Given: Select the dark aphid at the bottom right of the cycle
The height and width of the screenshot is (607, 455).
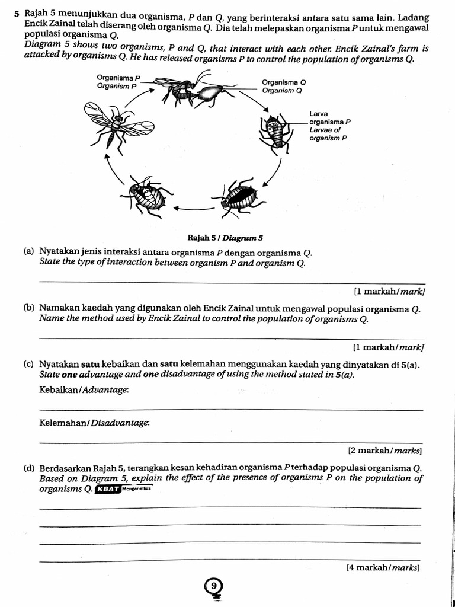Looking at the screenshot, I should pyautogui.click(x=239, y=196).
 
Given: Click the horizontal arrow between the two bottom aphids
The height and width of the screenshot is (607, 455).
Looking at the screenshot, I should pyautogui.click(x=193, y=208).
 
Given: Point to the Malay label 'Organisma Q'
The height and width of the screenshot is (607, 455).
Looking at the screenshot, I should pyautogui.click(x=284, y=82).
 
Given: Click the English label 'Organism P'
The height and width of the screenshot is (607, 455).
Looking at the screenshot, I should pyautogui.click(x=117, y=86).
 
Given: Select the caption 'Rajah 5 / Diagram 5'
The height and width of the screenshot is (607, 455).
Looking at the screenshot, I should pyautogui.click(x=225, y=238).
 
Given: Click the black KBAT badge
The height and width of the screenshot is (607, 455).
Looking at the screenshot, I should pyautogui.click(x=108, y=489).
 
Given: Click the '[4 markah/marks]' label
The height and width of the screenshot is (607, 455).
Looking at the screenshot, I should pyautogui.click(x=382, y=567).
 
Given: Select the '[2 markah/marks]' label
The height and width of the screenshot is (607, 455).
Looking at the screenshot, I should pyautogui.click(x=385, y=451).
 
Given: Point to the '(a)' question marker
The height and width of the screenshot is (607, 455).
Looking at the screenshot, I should pyautogui.click(x=28, y=251).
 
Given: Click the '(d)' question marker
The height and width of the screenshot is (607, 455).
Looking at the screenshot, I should pyautogui.click(x=28, y=468).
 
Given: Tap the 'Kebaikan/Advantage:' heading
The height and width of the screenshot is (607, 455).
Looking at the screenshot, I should pyautogui.click(x=83, y=389).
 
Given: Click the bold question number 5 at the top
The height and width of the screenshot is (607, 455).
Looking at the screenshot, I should pyautogui.click(x=17, y=12).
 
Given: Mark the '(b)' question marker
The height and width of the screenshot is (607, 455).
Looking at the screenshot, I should pyautogui.click(x=28, y=308).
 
